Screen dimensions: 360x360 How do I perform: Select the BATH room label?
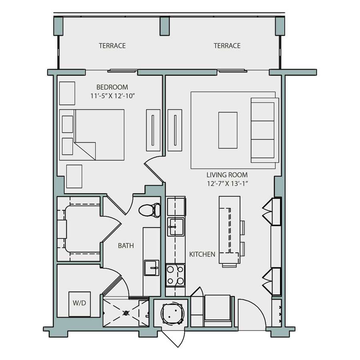pyautogui.click(x=126, y=246)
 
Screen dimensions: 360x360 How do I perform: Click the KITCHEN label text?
pyautogui.click(x=202, y=254)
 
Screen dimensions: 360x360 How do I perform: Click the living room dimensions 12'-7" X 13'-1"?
pyautogui.click(x=227, y=184)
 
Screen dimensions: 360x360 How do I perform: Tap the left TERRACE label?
pyautogui.click(x=112, y=46)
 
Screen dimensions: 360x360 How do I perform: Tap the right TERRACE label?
pyautogui.click(x=227, y=46)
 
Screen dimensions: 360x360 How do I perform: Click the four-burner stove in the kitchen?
pyautogui.click(x=176, y=275)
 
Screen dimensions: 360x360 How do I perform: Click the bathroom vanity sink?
pyautogui.click(x=151, y=267)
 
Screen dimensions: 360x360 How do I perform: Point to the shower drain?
pyautogui.click(x=126, y=312)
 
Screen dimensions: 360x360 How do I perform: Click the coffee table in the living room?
pyautogui.click(x=228, y=130)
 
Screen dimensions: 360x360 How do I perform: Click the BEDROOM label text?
pyautogui.click(x=112, y=87)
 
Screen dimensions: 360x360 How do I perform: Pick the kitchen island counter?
pyautogui.click(x=229, y=231)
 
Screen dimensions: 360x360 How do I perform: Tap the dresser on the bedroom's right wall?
pyautogui.click(x=153, y=130)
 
